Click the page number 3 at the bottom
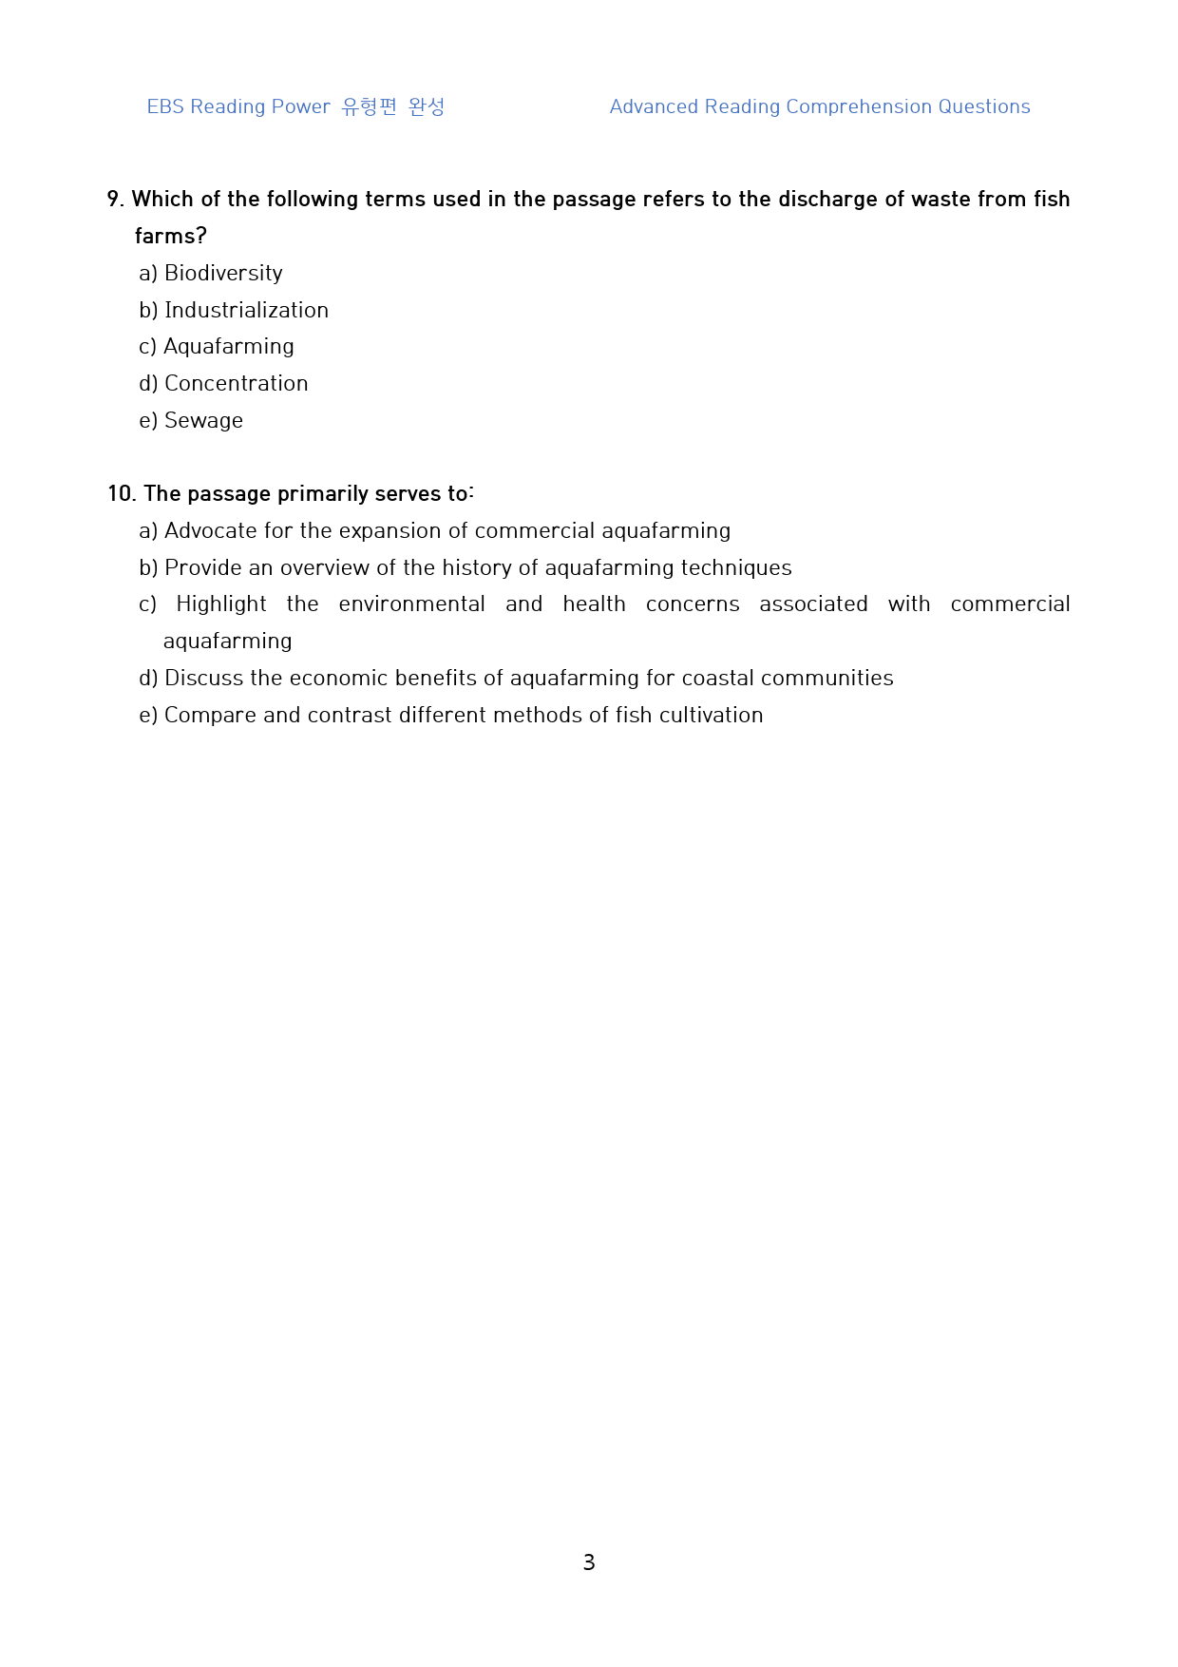click(x=589, y=1562)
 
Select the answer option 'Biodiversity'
click(x=223, y=274)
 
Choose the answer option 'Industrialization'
click(x=246, y=311)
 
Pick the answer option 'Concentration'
click(x=236, y=384)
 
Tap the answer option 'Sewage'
click(x=203, y=421)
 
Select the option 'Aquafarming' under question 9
click(x=228, y=347)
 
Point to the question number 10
click(x=122, y=494)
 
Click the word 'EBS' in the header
click(x=165, y=107)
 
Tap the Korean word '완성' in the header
click(x=427, y=107)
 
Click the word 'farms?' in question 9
click(x=171, y=237)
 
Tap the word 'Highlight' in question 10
click(x=221, y=604)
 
